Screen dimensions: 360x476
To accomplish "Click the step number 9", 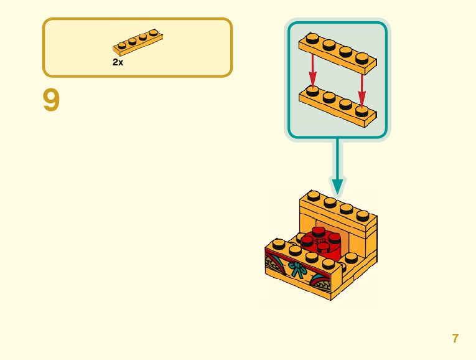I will coord(51,100).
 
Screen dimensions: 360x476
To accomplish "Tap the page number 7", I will coord(455,338).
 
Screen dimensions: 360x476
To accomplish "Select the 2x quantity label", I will coord(118,62).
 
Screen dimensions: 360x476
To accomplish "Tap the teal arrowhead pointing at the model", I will coord(337,185).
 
